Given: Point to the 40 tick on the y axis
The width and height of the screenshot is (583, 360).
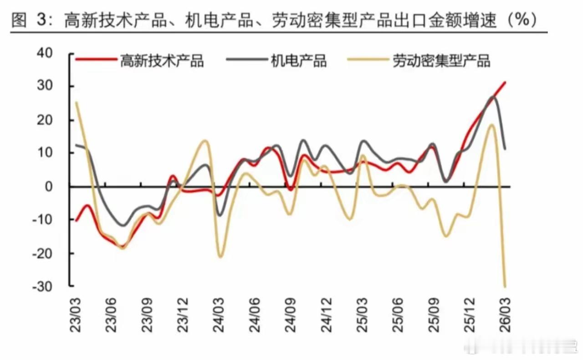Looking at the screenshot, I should (57, 54).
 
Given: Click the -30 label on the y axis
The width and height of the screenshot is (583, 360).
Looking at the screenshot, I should (55, 286).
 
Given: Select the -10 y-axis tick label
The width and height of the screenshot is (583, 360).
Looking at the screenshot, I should (55, 220).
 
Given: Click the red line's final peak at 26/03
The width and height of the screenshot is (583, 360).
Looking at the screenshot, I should (506, 82).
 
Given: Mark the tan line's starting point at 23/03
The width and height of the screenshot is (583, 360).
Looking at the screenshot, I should (76, 102).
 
